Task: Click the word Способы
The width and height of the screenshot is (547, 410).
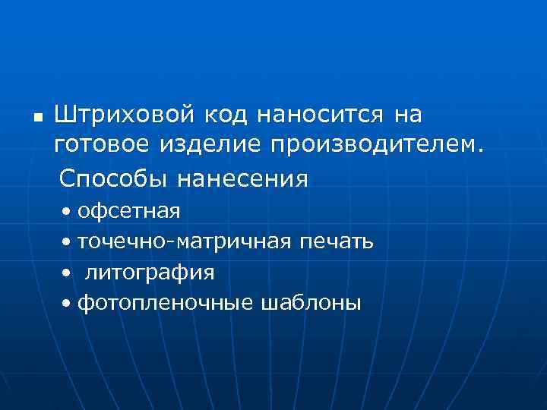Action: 115,178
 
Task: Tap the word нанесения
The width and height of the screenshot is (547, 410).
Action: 242,179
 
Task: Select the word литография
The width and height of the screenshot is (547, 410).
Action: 150,272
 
